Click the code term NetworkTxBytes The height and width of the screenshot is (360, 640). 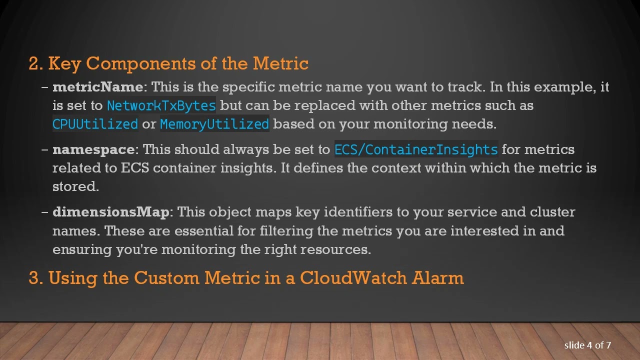(x=161, y=106)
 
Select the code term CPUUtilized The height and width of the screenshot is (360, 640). (x=95, y=124)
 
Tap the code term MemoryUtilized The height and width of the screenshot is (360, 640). (x=214, y=124)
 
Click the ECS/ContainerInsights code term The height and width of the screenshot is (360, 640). (x=416, y=150)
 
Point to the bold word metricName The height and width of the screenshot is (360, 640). (x=97, y=87)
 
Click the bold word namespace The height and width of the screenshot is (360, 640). (x=93, y=149)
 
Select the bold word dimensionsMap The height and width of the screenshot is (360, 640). (x=111, y=212)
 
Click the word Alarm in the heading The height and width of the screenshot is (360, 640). (x=437, y=278)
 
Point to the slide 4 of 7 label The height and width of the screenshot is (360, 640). (x=587, y=345)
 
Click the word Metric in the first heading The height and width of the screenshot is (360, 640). (x=280, y=63)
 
